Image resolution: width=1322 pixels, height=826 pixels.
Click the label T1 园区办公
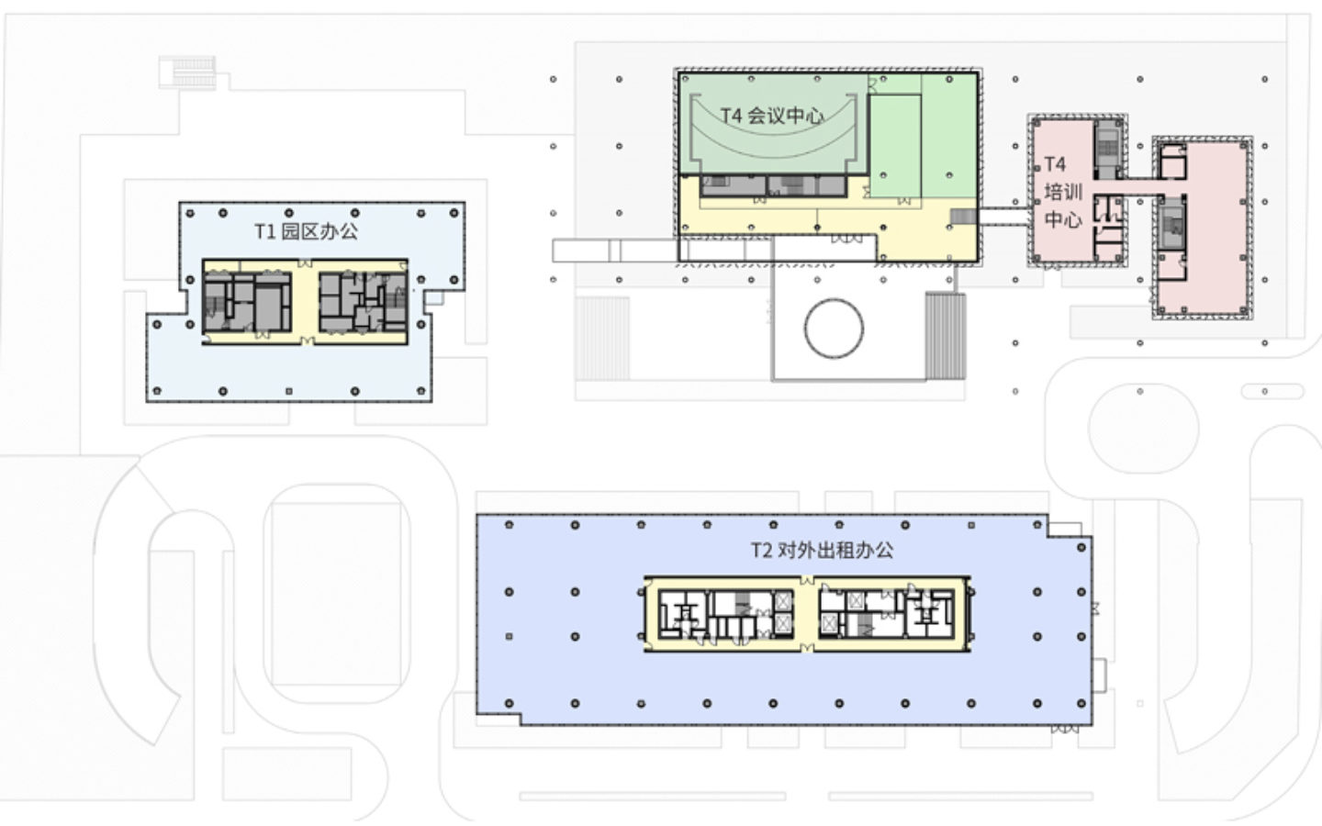[306, 231]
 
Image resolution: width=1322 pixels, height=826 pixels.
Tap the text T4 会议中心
[771, 116]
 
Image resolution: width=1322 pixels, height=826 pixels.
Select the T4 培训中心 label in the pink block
[1061, 193]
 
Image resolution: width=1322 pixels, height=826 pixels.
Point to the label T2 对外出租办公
[822, 551]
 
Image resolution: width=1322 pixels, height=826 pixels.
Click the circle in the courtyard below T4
[834, 329]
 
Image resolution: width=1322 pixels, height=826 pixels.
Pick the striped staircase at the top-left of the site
[187, 72]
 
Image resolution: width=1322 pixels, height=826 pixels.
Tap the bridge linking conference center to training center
[1003, 218]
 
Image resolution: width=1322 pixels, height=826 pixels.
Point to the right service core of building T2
[886, 613]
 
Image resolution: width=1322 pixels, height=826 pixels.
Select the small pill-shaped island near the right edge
[1272, 391]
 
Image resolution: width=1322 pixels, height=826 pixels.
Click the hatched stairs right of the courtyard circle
[944, 335]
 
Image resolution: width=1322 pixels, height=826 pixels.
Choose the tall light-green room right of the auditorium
[894, 147]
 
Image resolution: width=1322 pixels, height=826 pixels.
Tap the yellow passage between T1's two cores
[305, 303]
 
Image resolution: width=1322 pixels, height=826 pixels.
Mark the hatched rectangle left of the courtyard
[602, 338]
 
